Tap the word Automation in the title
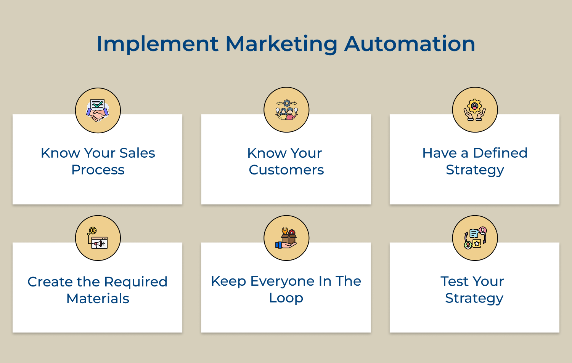click(410, 43)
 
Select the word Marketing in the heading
click(281, 44)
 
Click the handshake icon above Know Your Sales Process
click(98, 110)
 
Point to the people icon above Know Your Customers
click(286, 110)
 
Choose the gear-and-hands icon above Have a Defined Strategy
click(475, 110)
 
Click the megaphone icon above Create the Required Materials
click(98, 238)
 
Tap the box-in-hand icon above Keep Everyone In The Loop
click(286, 238)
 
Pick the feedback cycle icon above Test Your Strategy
click(475, 238)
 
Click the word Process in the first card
click(98, 170)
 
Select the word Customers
click(286, 170)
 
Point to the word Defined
click(500, 153)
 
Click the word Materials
click(98, 299)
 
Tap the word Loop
click(286, 298)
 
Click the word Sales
click(137, 153)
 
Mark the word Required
click(136, 282)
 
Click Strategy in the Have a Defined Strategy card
click(475, 170)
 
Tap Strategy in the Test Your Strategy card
click(474, 299)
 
